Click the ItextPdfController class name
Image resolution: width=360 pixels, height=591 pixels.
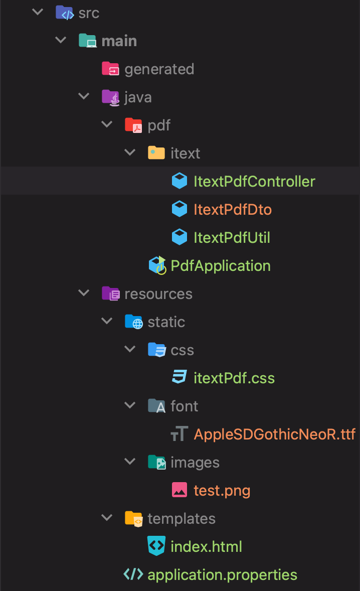pos(254,181)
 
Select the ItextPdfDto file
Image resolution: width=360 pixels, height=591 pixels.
pos(233,209)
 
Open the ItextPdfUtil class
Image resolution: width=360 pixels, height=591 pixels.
pos(232,237)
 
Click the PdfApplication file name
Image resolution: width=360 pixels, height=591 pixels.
pos(221,265)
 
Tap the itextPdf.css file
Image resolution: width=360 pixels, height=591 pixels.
pos(234,378)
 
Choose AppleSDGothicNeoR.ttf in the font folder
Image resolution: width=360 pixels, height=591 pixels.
pos(275,434)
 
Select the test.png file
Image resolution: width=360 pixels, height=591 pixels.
pos(222,490)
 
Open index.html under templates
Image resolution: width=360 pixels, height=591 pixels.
pos(206,546)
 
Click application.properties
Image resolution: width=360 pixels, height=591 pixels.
pos(222,574)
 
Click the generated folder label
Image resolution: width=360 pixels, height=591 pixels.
pos(159,69)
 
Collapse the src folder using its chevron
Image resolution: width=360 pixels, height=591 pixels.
pos(38,12)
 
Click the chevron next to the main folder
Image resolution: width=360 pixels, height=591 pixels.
pos(61,40)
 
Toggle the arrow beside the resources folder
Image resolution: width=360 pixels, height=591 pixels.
pos(84,293)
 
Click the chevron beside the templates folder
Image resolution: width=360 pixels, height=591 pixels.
pos(107,517)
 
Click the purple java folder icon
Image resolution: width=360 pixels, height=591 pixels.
pos(110,96)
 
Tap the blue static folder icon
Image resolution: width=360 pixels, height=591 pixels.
pos(133,321)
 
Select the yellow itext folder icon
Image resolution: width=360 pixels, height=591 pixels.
pos(156,153)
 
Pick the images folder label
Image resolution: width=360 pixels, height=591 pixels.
pos(195,462)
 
